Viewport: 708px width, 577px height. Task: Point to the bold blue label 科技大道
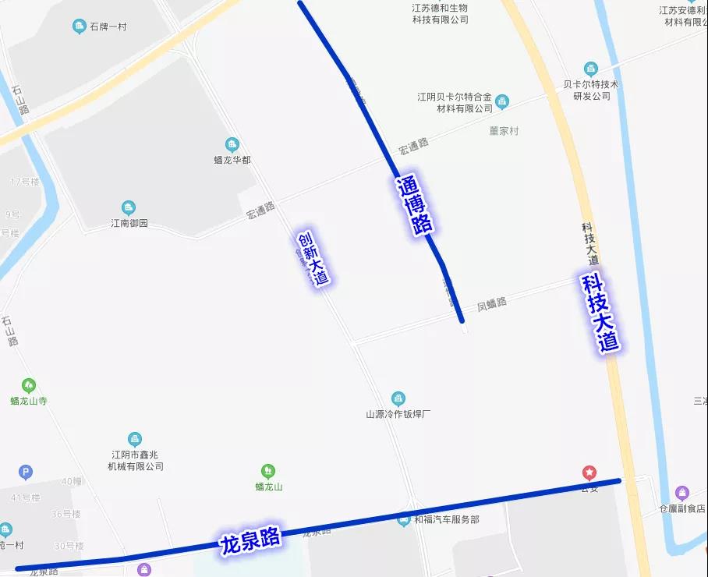(x=600, y=313)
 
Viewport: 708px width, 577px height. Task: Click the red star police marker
(x=589, y=473)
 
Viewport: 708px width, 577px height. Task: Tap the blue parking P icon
(x=26, y=472)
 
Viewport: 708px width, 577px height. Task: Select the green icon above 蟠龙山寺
(x=29, y=385)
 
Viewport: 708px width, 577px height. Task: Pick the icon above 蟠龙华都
(x=232, y=144)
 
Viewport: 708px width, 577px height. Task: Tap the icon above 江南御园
(x=129, y=208)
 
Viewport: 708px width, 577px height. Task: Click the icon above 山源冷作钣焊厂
(x=398, y=398)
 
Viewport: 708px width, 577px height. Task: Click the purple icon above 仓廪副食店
(x=682, y=493)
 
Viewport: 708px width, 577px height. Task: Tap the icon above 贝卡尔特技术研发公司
(x=591, y=69)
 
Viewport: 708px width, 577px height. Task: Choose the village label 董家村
(x=504, y=131)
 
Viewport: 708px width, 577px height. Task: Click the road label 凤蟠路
(x=492, y=303)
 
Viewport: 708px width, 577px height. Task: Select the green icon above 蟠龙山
(x=268, y=471)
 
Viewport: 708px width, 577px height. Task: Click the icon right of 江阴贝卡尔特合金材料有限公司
(x=502, y=101)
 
